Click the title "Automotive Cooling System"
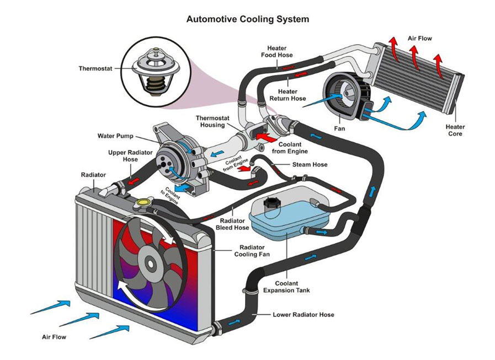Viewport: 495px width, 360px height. (247, 19)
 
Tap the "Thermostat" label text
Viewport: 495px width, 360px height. (95, 69)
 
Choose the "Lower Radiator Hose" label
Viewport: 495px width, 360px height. (303, 315)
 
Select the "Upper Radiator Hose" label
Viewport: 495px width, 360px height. (123, 155)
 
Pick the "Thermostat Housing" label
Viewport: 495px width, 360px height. (210, 121)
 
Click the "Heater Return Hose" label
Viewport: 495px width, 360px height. (288, 95)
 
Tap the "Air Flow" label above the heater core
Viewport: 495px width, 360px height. (419, 39)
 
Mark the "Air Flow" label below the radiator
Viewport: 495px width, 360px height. (55, 336)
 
